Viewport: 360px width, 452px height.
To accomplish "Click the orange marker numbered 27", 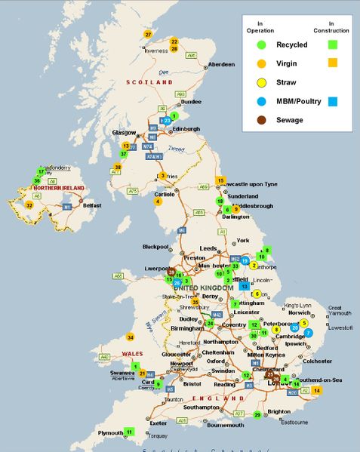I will click(x=148, y=35).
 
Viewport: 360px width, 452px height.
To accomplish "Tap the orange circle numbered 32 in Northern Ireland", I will click(x=29, y=204).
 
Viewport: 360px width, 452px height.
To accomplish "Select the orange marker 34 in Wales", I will click(x=130, y=337).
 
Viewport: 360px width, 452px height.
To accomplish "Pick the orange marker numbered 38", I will click(x=118, y=167).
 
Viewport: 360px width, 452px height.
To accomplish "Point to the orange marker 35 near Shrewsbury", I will click(x=194, y=302).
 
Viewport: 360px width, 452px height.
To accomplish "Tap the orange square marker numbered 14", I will click(x=316, y=390).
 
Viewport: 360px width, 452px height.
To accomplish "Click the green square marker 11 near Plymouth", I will click(x=129, y=432).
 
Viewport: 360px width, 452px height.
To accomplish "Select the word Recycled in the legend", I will click(x=291, y=45).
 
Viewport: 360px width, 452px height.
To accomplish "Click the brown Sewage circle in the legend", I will click(x=261, y=119).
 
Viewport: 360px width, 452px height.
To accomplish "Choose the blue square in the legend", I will click(x=332, y=101).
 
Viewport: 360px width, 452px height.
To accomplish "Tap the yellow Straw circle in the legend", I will click(x=261, y=82).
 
